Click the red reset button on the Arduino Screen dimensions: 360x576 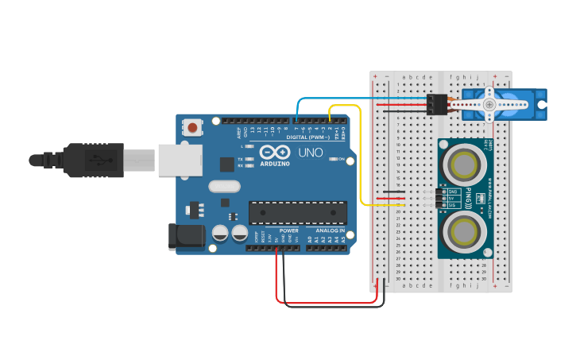pos(193,126)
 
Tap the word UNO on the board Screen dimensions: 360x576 pos(311,153)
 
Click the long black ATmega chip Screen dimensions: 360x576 pos(298,212)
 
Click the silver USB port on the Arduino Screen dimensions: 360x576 pos(176,159)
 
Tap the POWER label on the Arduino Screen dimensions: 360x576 pos(288,230)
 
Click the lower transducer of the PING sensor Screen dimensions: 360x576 pos(464,232)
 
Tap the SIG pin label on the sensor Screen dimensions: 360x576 pos(454,205)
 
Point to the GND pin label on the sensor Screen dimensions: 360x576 pos(454,192)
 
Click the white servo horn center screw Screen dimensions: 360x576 pos(489,104)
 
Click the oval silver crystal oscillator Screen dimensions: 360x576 pos(224,186)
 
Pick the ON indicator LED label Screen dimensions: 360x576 pos(342,160)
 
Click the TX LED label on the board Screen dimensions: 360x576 pos(241,159)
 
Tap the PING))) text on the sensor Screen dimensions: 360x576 pos(469,198)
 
